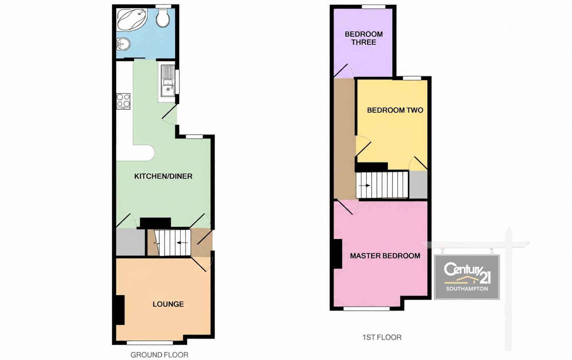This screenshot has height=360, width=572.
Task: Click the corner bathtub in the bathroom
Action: (x=132, y=20)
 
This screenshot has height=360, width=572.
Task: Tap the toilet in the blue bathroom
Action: (x=163, y=17)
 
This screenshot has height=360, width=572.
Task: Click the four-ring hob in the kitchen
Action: (x=123, y=101)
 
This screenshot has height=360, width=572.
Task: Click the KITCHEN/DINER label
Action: (x=163, y=176)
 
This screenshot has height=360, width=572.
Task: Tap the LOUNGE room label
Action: (x=168, y=304)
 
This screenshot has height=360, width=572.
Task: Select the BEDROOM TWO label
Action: (x=395, y=110)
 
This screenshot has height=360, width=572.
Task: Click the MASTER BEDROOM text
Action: (x=385, y=255)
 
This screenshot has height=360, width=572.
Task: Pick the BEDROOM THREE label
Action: (x=364, y=38)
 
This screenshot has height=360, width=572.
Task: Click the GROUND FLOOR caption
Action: (x=159, y=355)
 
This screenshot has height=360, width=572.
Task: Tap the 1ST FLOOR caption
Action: (x=382, y=337)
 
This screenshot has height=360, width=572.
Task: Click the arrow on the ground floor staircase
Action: (x=183, y=242)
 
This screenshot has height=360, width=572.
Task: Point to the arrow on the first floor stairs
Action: (x=365, y=185)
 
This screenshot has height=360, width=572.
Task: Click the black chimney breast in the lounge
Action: (x=120, y=310)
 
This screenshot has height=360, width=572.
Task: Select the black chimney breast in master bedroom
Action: (x=338, y=254)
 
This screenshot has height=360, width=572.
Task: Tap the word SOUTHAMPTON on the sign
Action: (x=467, y=289)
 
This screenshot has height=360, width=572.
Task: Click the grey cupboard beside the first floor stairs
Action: (x=418, y=184)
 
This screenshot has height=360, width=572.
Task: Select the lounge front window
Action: (x=150, y=343)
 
